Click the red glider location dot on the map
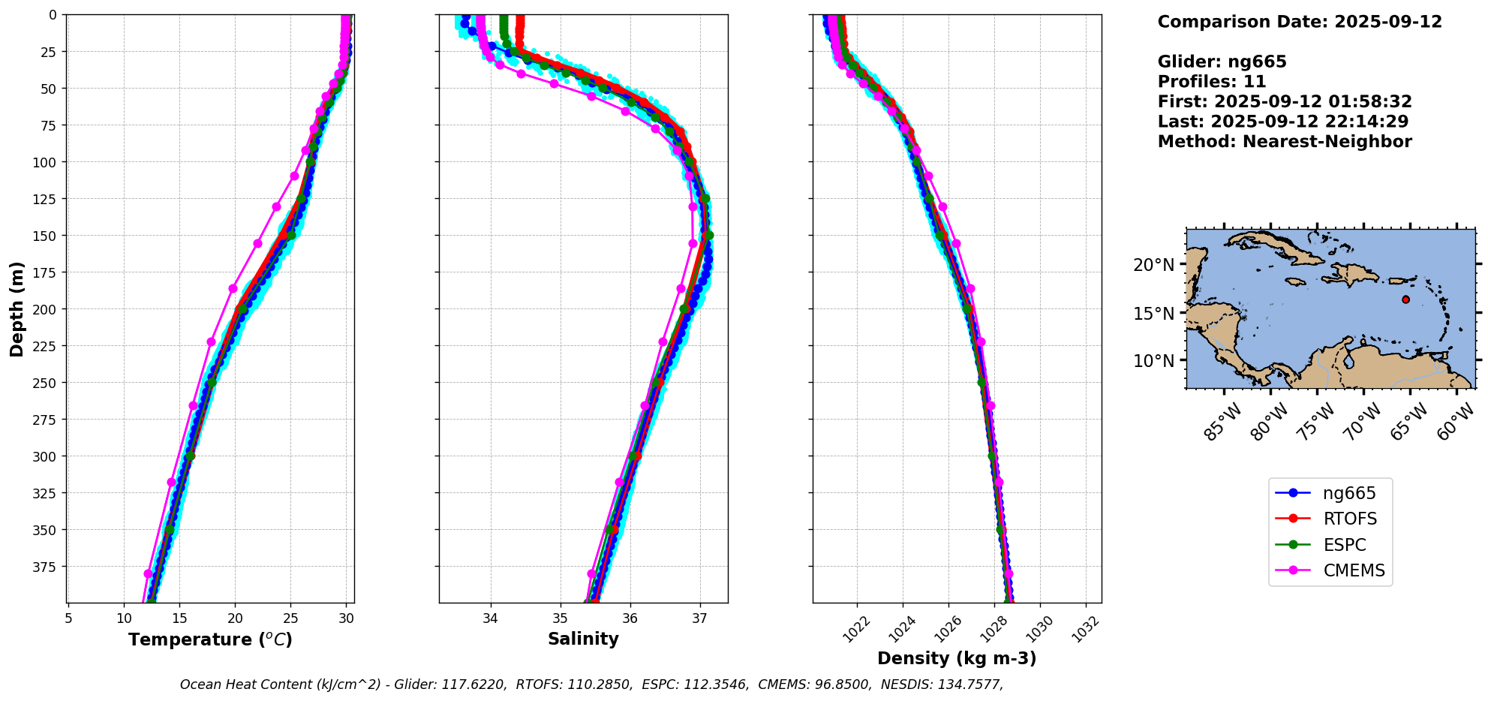pyautogui.click(x=1405, y=299)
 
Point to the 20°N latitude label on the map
pyautogui.click(x=1153, y=265)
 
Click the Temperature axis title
pyautogui.click(x=210, y=639)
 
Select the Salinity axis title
pyautogui.click(x=583, y=639)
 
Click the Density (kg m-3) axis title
pyautogui.click(x=957, y=658)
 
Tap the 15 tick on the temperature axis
pyautogui.click(x=179, y=618)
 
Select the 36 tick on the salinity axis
pyautogui.click(x=630, y=618)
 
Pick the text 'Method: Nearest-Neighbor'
pyautogui.click(x=1284, y=142)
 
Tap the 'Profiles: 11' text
pyautogui.click(x=1211, y=82)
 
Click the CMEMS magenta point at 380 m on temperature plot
pyautogui.click(x=148, y=573)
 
